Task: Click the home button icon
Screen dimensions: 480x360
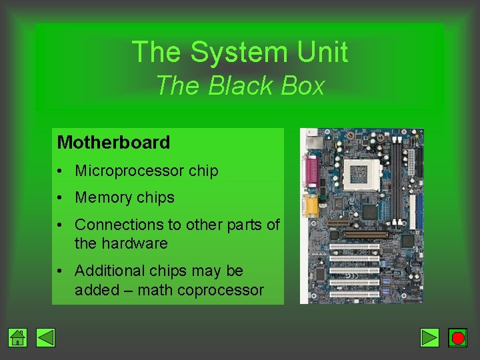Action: coord(18,338)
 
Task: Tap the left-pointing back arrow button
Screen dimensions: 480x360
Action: coord(45,338)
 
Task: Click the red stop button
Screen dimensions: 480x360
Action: coord(457,338)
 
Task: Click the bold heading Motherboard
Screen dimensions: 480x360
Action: coord(113,142)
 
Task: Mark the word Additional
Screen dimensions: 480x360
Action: coord(108,271)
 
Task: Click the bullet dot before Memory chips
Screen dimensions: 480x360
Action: coord(60,198)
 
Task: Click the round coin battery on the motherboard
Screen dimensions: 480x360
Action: coord(400,263)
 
